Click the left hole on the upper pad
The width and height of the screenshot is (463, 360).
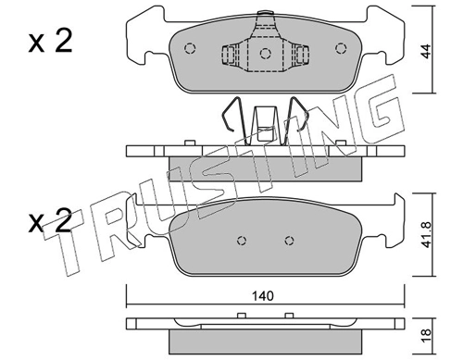190,50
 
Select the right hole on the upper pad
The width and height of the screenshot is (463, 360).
342,50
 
